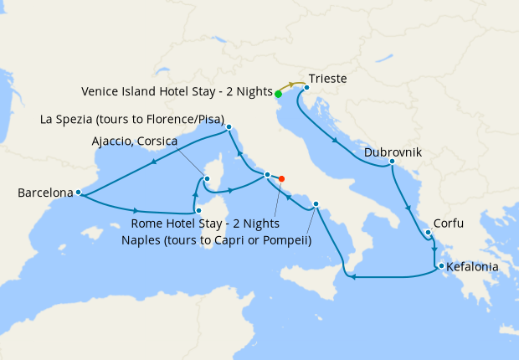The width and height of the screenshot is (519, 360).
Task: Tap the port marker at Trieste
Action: coord(307,87)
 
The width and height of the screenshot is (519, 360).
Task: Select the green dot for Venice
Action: coord(278,94)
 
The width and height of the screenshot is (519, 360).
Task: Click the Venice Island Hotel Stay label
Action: coord(177,90)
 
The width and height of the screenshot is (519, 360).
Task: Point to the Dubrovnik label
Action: coord(393,152)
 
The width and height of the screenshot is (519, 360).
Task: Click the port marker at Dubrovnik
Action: coord(392,162)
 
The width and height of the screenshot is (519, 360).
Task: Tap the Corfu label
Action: coord(449,224)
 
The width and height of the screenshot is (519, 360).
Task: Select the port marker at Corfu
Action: coord(428,233)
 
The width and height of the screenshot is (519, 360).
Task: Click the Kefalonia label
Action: coord(473,267)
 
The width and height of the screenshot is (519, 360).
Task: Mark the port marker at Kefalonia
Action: coord(438,267)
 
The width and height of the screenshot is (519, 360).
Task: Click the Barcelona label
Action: coord(45,193)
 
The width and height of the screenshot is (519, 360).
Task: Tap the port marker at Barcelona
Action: coord(78,193)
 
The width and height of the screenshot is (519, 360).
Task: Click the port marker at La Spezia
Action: coord(228,128)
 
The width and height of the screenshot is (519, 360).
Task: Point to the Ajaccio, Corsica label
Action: coord(134,141)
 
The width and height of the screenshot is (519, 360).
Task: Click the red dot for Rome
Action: coord(281,178)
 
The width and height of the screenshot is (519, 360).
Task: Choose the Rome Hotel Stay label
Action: coord(206,224)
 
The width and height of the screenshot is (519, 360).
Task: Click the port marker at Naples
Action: coord(316,204)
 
